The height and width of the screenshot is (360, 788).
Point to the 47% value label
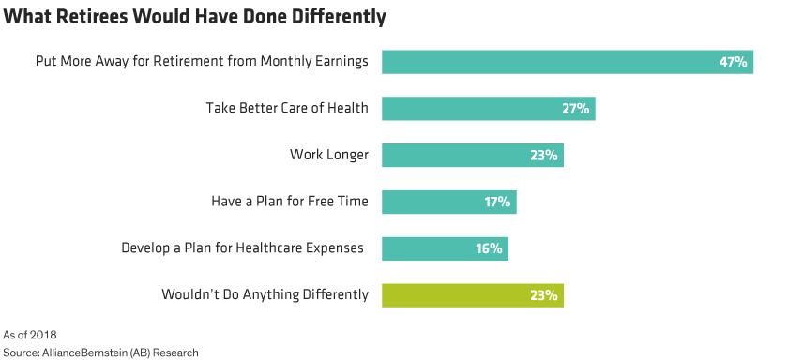coord(732,62)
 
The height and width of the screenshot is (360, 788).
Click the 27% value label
coord(575,109)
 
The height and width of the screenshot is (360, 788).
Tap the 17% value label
coord(496,202)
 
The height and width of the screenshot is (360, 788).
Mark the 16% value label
coord(488,248)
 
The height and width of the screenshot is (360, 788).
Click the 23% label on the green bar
coord(543,295)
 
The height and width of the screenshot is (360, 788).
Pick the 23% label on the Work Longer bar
coord(543,156)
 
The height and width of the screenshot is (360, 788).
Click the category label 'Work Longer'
coord(329,155)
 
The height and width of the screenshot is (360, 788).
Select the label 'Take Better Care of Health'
coord(286,109)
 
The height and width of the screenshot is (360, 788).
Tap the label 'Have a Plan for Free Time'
coord(290,202)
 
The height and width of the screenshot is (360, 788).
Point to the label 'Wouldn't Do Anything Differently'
coord(265,295)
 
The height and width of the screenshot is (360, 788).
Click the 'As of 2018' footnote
coord(31,334)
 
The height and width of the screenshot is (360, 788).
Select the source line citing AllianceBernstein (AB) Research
coord(101,352)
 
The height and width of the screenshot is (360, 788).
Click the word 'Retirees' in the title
coord(98,18)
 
